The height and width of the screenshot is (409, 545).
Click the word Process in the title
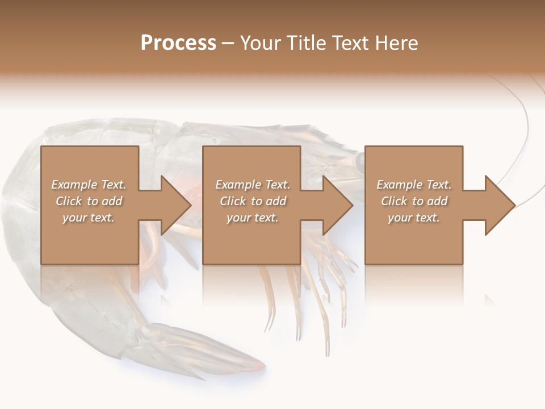[178, 43]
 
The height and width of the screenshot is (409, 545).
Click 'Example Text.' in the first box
[89, 185]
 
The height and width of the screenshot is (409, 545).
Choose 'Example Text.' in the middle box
[253, 185]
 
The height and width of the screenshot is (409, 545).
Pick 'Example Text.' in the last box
[414, 185]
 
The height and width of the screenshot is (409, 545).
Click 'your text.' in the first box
[89, 218]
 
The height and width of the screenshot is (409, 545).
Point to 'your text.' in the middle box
[253, 218]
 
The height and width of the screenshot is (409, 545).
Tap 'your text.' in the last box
[414, 218]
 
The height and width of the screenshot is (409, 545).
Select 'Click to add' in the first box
[89, 201]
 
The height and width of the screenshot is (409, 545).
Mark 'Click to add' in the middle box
[253, 201]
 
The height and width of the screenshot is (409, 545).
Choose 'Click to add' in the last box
[414, 201]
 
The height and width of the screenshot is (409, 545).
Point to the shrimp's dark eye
[360, 161]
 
